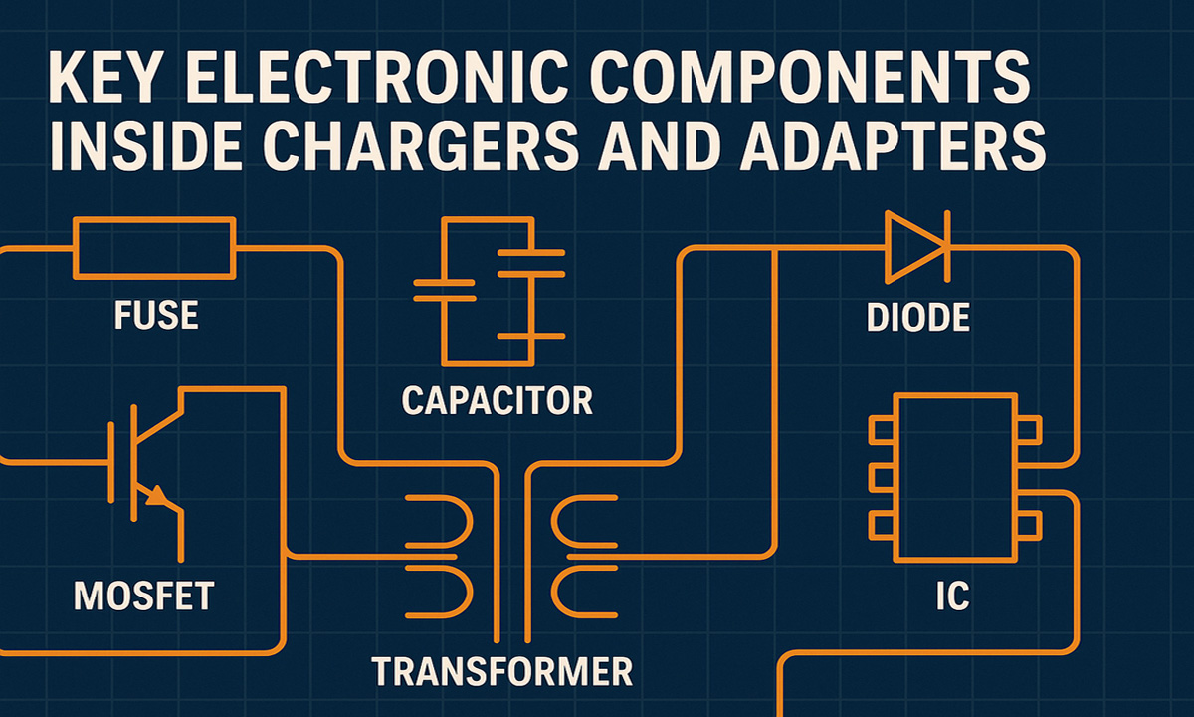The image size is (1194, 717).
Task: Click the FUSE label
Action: pyautogui.click(x=156, y=316)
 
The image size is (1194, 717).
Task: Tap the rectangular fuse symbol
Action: pyautogui.click(x=155, y=248)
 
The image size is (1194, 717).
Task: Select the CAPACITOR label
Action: pyautogui.click(x=497, y=401)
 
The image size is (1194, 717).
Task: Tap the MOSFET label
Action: pyautogui.click(x=144, y=596)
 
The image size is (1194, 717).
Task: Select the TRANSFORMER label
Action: pyautogui.click(x=502, y=670)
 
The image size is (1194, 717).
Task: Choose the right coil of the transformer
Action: pyautogui.click(x=575, y=558)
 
